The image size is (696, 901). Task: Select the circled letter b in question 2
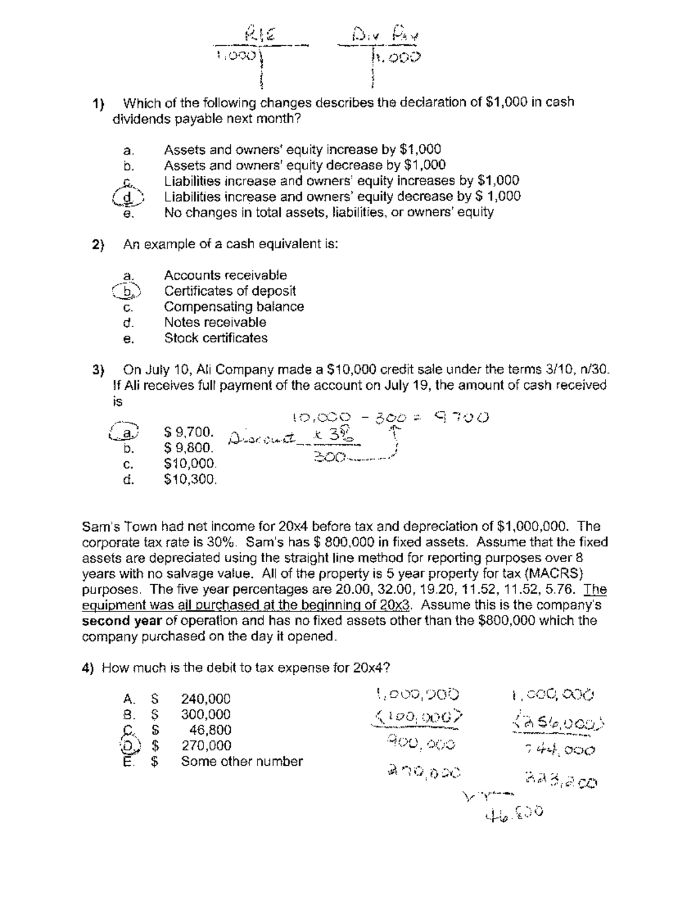127,291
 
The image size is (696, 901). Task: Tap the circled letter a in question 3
126,432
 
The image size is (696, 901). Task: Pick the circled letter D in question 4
127,746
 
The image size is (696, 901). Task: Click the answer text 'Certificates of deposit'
230,291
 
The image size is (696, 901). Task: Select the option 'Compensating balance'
234,307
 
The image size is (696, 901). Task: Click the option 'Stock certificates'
216,338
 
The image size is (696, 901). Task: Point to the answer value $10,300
191,480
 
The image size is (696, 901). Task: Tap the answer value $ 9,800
188,448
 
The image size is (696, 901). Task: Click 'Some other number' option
242,762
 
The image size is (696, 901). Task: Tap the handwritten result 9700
463,417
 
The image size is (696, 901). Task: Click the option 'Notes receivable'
215,323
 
